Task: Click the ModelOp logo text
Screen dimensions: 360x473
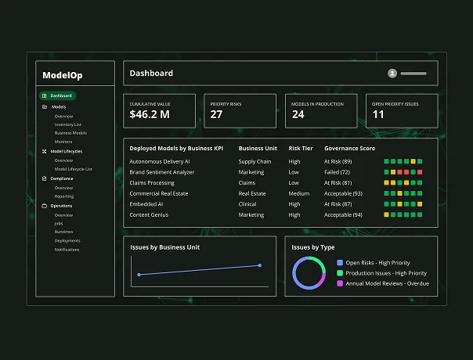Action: tap(63, 75)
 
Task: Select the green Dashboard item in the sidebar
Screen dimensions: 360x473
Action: tap(61, 95)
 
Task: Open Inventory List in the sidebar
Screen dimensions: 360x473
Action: tap(67, 124)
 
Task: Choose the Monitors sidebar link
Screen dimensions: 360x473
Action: tap(64, 141)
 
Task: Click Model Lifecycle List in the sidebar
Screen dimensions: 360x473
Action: tap(73, 168)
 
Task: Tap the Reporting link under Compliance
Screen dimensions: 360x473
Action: tap(64, 196)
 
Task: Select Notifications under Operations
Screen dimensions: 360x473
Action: tap(67, 250)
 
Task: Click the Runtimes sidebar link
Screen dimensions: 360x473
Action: tap(64, 232)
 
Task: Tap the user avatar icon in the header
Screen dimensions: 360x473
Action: tap(392, 74)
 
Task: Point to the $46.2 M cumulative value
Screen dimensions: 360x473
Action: tap(150, 114)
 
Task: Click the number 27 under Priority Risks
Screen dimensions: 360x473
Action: tap(216, 114)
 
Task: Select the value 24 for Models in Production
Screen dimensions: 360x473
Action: tap(298, 114)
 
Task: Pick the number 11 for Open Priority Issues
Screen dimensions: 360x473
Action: tap(378, 114)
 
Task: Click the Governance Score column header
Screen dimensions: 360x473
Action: tap(349, 148)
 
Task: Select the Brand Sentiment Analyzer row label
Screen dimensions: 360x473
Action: tap(162, 171)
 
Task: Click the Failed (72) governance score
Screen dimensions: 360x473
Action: tap(338, 171)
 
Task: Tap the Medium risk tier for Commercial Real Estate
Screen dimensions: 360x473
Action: tap(299, 193)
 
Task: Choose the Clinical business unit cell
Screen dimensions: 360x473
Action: tap(248, 203)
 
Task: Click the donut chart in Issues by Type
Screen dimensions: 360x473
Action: tap(309, 273)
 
